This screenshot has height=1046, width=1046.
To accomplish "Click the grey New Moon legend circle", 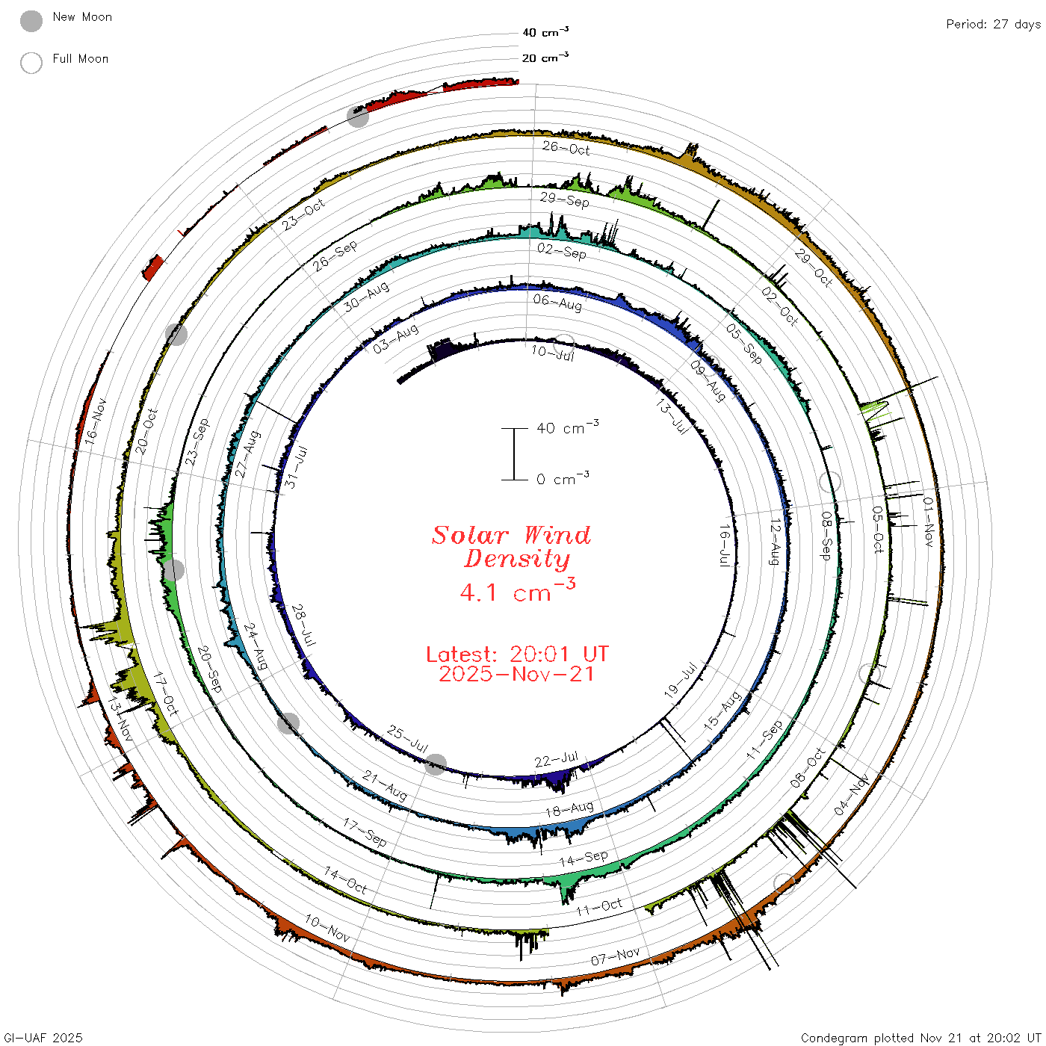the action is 31,21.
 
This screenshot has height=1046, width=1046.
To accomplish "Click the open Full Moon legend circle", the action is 31,63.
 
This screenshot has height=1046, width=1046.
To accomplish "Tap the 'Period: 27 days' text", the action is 994,25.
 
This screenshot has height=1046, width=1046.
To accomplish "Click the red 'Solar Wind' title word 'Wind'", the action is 557,535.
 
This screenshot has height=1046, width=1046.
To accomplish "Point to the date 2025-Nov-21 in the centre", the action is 517,674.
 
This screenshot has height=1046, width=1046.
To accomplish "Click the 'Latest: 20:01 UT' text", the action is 517,654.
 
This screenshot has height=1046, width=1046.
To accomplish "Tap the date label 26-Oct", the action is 566,148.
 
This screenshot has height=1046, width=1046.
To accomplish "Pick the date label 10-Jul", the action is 553,353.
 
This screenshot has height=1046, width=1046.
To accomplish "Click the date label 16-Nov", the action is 96,422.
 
